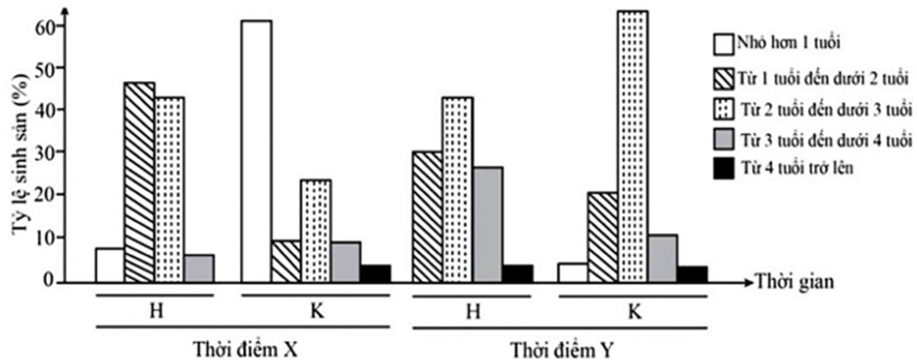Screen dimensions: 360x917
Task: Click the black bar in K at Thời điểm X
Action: pyautogui.click(x=375, y=274)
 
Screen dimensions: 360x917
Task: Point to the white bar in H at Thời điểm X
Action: pyautogui.click(x=110, y=265)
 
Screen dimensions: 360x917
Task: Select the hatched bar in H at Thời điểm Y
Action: pyautogui.click(x=427, y=216)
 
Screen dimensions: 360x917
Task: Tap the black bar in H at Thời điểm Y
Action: pyautogui.click(x=517, y=274)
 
